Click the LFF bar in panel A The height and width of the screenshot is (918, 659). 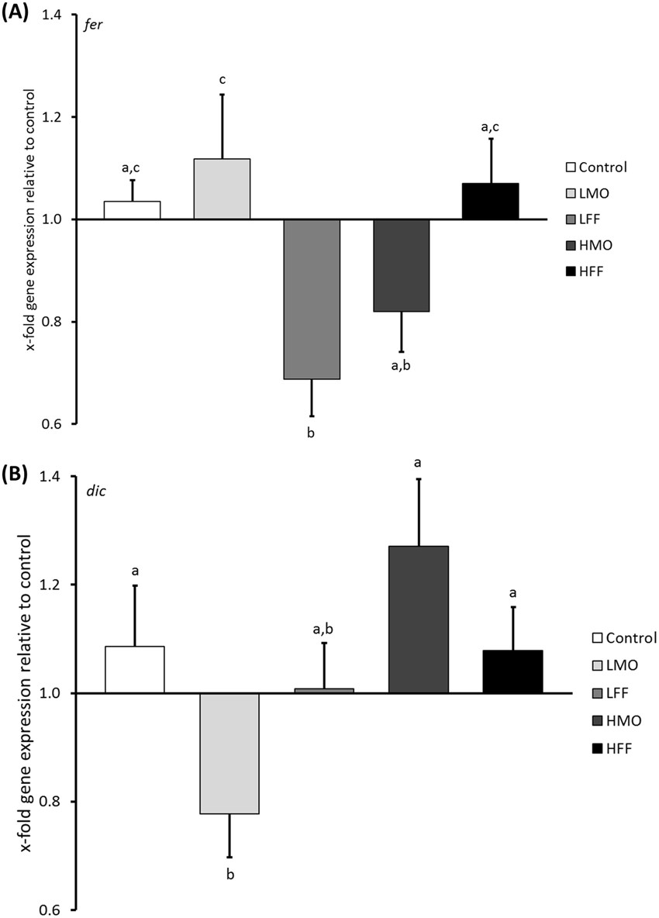[x=312, y=299]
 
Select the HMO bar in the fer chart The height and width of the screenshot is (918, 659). [x=401, y=265]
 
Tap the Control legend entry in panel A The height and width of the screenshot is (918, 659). [x=595, y=167]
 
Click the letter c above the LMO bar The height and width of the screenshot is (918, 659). [x=222, y=79]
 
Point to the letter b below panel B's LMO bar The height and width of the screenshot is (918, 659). [x=229, y=875]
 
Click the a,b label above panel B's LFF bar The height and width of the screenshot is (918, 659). [x=324, y=630]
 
